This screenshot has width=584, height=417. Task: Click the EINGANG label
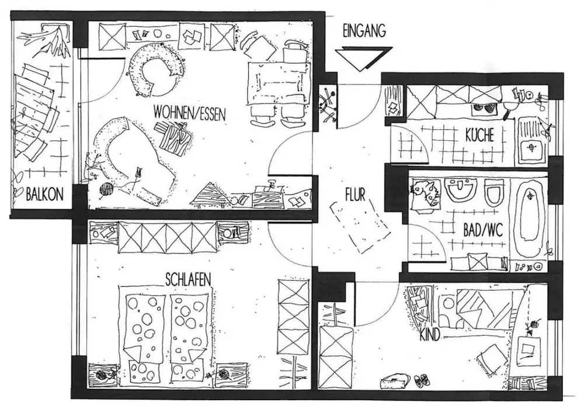point(364,32)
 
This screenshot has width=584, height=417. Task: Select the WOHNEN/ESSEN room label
point(189,112)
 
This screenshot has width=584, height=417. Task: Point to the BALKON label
point(44,194)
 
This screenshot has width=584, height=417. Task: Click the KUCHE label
point(479,136)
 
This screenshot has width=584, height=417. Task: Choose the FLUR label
point(354,194)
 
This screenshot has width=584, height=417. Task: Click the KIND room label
point(430,337)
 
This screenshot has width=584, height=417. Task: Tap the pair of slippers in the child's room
point(419,381)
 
